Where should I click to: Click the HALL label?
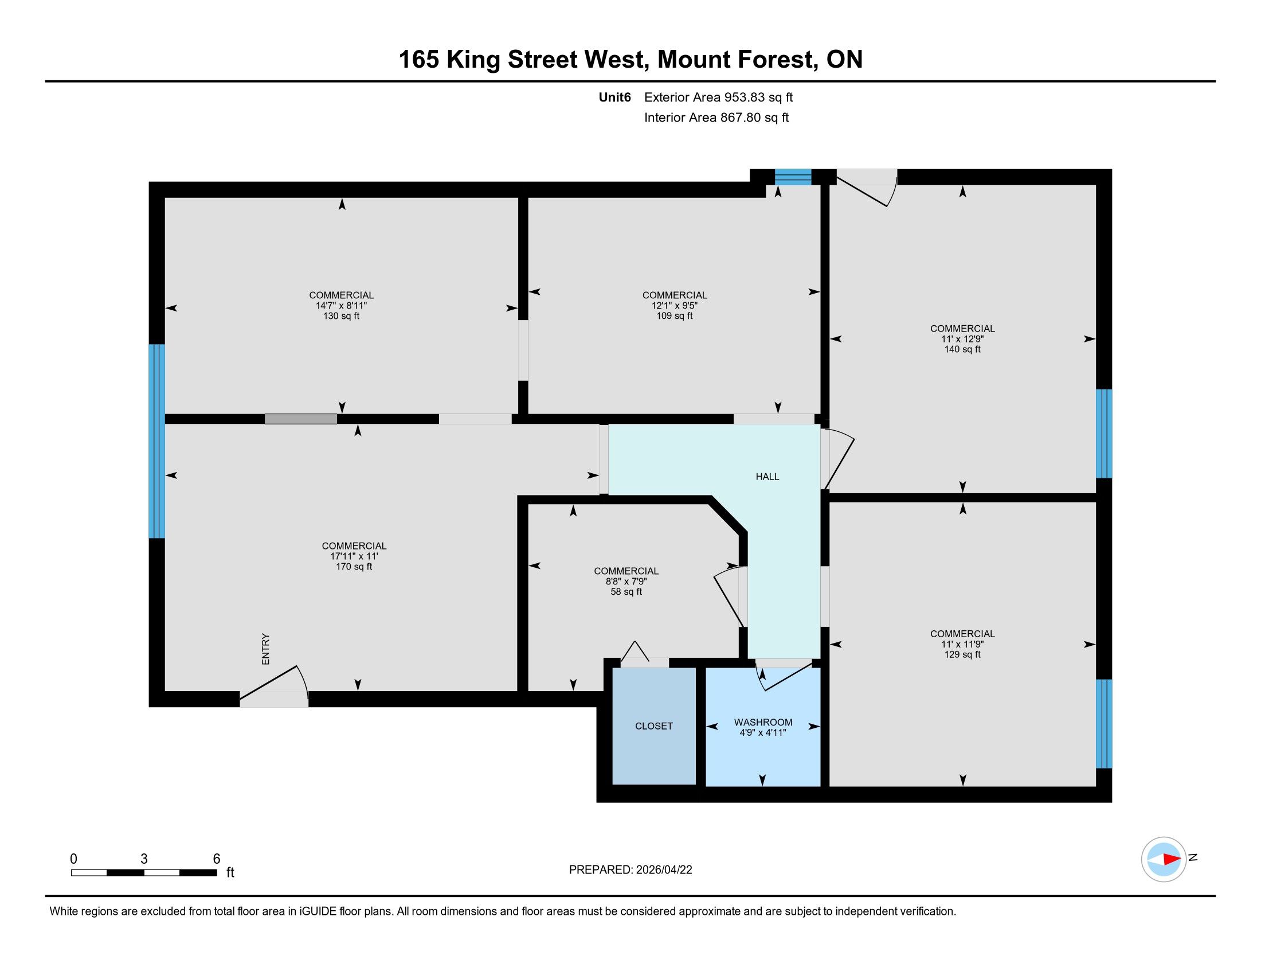point(767,477)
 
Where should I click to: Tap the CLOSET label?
point(653,726)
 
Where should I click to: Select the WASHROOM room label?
point(763,722)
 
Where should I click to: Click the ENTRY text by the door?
point(265,649)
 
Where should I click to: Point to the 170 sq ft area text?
point(354,567)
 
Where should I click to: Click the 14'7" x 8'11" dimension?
point(341,306)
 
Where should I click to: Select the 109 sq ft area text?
point(675,316)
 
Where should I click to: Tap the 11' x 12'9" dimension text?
point(962,339)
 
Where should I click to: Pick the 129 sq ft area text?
point(962,654)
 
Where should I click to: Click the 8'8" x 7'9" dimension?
point(626,582)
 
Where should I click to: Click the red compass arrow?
point(1172,859)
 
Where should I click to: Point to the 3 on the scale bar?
point(144,859)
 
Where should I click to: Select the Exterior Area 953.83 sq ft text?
point(718,97)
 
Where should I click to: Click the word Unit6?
point(615,97)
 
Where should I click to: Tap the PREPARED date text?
point(631,870)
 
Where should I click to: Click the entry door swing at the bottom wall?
point(274,686)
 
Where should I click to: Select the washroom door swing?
point(784,674)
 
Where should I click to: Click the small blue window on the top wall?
point(793,177)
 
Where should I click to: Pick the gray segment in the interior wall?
point(301,419)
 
